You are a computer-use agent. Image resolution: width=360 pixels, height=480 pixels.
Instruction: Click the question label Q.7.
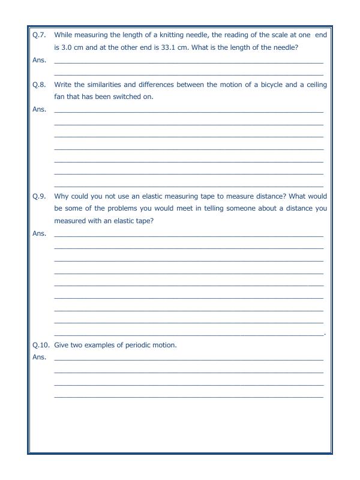(x=38, y=35)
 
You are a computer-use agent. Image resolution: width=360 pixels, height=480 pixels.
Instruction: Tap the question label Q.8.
(x=38, y=85)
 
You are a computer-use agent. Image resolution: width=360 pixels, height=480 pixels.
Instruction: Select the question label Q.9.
(x=38, y=196)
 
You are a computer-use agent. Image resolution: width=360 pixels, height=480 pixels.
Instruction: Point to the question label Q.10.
(x=40, y=346)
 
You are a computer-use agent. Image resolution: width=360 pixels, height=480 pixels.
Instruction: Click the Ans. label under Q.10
(x=38, y=358)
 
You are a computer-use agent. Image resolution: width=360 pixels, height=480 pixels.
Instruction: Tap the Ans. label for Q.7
(x=38, y=60)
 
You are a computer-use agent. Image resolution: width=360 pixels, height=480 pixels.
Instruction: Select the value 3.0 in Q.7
(x=67, y=48)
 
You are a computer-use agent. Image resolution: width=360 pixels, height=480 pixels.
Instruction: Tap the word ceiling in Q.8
(x=314, y=85)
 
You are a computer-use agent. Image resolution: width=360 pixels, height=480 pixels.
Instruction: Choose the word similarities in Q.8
(x=103, y=85)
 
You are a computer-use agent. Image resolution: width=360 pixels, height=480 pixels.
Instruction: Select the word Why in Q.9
(x=61, y=196)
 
